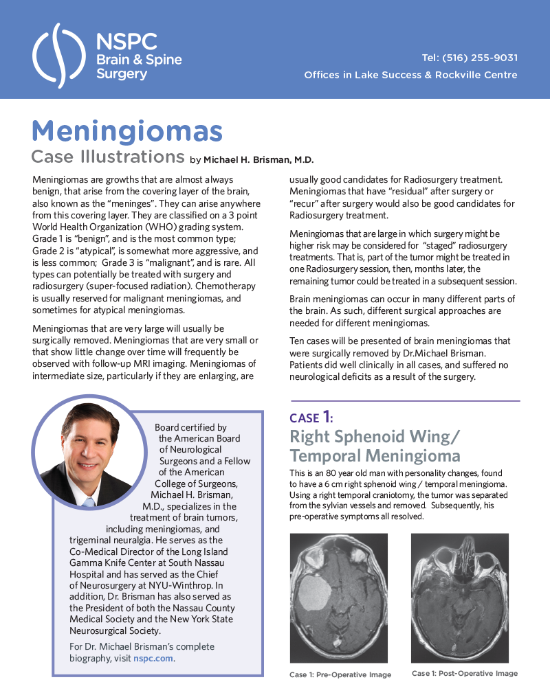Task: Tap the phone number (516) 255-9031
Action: pos(480,58)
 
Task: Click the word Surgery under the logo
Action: pos(121,73)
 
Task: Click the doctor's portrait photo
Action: pos(90,454)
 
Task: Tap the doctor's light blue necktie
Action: pos(89,502)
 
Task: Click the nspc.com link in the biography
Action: pos(153,658)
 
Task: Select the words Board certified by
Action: pos(190,427)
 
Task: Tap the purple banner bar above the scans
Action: pos(419,415)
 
